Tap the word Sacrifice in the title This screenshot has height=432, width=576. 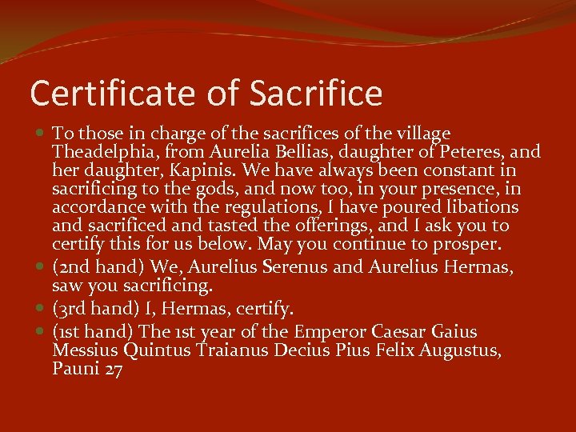(x=316, y=94)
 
